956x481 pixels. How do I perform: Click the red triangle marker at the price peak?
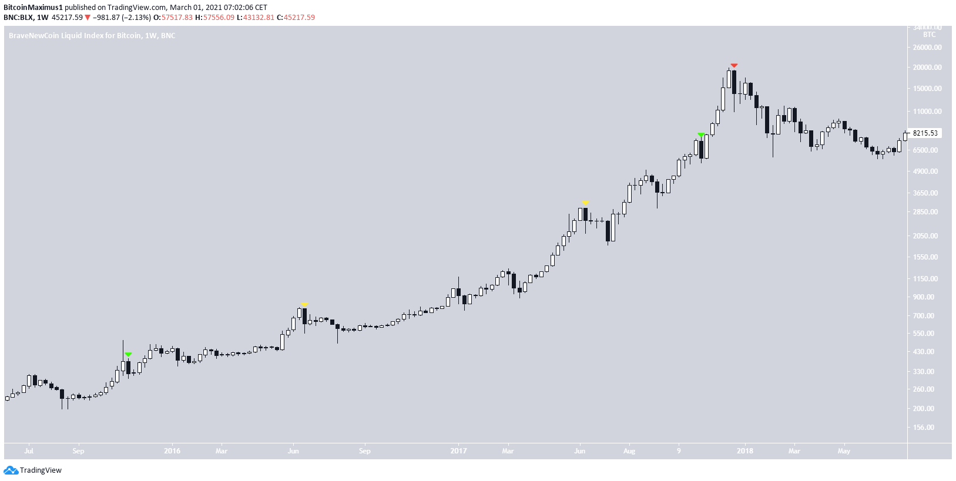[x=734, y=65]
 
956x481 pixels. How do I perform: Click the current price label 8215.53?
[x=924, y=133]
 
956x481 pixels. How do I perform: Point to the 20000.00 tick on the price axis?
[x=927, y=68]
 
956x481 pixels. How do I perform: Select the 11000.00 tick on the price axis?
[x=927, y=112]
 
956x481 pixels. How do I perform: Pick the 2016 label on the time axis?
[x=172, y=451]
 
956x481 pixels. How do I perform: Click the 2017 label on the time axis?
[x=458, y=451]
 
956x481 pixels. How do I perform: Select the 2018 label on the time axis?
[x=744, y=451]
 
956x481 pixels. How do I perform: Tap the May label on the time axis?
[x=844, y=451]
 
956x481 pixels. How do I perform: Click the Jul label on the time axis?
[x=29, y=451]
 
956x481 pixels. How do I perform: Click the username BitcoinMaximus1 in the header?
[x=33, y=8]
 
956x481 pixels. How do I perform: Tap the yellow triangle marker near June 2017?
[x=585, y=203]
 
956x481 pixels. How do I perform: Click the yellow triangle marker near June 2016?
[x=304, y=304]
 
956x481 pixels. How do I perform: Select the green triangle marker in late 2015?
[x=128, y=355]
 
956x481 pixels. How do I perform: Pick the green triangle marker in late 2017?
[x=700, y=135]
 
